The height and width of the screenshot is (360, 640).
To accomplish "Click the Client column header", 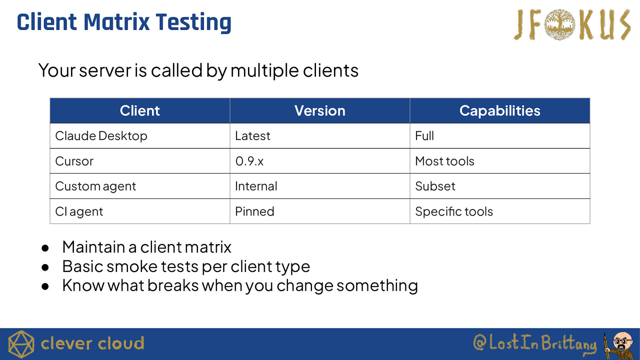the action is click(140, 110).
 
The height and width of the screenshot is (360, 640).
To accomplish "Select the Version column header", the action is click(320, 110).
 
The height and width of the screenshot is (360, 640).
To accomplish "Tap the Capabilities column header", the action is click(500, 110).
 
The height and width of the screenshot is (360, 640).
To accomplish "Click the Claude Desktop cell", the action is click(140, 136).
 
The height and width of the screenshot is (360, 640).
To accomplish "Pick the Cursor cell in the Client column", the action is click(140, 161).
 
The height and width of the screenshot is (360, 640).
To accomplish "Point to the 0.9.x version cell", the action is click(320, 161).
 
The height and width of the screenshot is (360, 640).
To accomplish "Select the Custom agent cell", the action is click(140, 186).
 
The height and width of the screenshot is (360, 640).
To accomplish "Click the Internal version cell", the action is click(320, 186).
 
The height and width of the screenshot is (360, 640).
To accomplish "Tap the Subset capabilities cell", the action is click(500, 186).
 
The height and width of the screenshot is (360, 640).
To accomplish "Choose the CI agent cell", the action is click(140, 211).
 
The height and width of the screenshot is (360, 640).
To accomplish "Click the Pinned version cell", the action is click(320, 211).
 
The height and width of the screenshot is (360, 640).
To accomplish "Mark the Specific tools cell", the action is click(500, 211).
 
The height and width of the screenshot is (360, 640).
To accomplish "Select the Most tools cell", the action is click(500, 161).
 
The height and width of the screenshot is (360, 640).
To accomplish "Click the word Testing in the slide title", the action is click(194, 22).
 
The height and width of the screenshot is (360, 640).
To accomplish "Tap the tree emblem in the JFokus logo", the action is click(560, 24).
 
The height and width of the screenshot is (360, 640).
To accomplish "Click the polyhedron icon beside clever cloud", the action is click(21, 344).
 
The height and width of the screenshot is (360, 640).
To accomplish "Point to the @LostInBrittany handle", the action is click(535, 343).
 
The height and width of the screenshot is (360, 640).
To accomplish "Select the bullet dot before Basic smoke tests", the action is click(45, 267).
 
